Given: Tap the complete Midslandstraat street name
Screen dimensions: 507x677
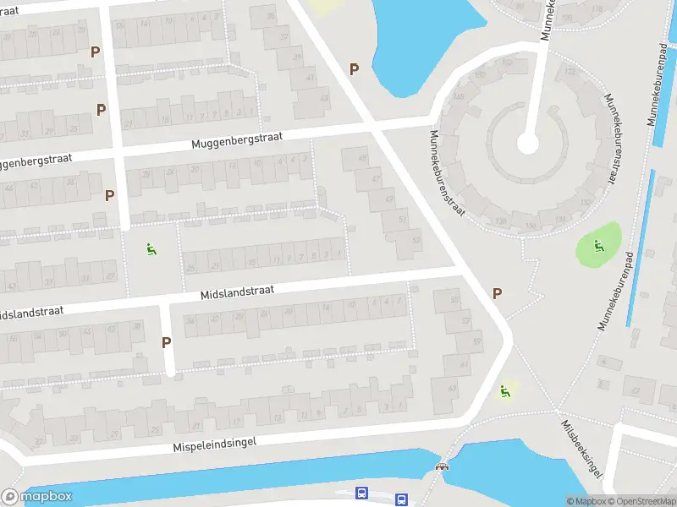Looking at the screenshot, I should (x=238, y=292).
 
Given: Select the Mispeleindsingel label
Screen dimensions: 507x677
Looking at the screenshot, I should (x=214, y=444).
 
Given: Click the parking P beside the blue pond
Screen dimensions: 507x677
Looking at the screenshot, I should (x=354, y=69).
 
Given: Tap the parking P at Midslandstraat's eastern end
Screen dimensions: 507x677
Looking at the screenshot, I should (x=497, y=293).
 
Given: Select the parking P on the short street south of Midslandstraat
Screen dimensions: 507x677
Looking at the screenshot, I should (x=167, y=342).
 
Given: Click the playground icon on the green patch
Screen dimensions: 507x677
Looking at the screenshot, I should (x=598, y=247).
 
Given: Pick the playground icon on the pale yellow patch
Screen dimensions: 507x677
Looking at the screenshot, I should (x=505, y=390).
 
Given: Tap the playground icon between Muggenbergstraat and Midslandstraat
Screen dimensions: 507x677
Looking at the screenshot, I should (x=151, y=248).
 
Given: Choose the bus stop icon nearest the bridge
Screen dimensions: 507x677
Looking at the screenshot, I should (x=401, y=499).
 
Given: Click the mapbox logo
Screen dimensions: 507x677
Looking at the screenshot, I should (x=37, y=497).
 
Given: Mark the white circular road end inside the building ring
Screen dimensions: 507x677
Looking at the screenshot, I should (x=527, y=144).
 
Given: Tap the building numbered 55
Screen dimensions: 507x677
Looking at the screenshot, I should (x=455, y=300).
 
